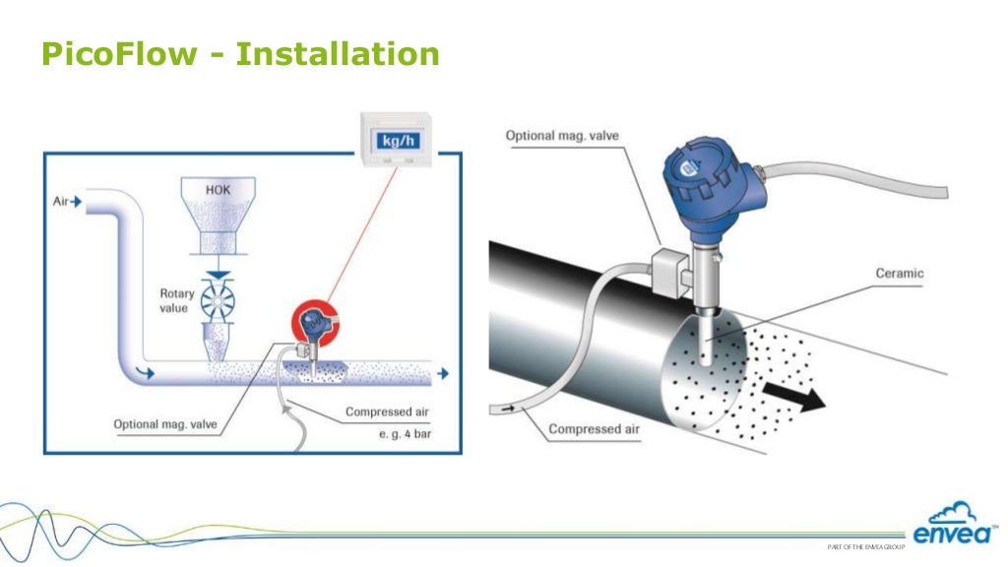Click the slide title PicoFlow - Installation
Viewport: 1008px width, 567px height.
point(239,53)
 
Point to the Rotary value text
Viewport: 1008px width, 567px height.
point(177,300)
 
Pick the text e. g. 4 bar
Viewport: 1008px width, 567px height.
point(405,433)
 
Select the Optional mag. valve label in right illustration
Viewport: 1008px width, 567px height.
point(562,135)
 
